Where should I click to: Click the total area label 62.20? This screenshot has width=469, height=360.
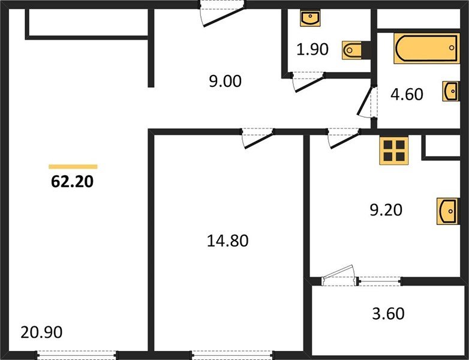(73, 182)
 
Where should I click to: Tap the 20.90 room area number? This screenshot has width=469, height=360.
(41, 331)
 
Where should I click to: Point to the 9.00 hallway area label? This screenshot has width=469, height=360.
(225, 81)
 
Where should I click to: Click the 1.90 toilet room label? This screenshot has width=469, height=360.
(313, 50)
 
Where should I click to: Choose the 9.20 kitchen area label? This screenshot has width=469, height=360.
(384, 210)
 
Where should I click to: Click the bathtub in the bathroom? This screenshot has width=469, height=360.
(426, 49)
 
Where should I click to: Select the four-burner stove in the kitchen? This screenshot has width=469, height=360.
(394, 150)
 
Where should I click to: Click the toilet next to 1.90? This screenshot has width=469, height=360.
(350, 50)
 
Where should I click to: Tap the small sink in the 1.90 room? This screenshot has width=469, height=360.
(309, 19)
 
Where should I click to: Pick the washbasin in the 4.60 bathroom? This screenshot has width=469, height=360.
(450, 92)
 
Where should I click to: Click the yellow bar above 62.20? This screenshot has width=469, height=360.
(73, 166)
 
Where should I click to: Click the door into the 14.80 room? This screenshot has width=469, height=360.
(256, 139)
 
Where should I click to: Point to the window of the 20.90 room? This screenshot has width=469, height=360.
(76, 355)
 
